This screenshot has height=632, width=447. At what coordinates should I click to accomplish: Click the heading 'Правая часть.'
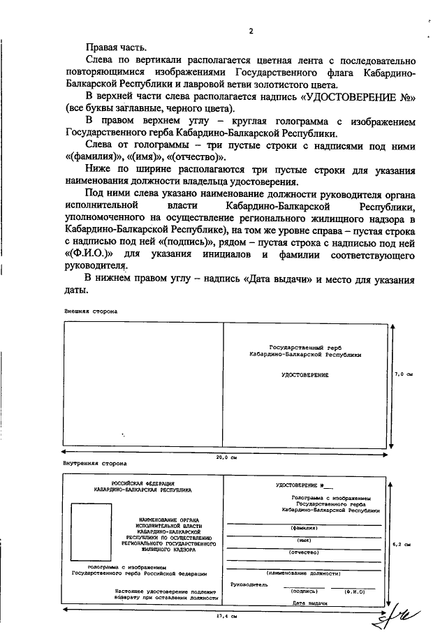pyautogui.click(x=117, y=47)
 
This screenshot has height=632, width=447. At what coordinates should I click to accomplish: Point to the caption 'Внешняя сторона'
pyautogui.click(x=91, y=310)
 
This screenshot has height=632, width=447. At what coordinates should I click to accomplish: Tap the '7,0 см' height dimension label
pyautogui.click(x=404, y=375)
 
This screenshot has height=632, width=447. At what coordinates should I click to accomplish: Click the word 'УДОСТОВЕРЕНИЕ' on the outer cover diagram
pyautogui.click(x=305, y=376)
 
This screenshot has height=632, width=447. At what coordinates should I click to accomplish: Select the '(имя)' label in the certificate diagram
pyautogui.click(x=304, y=540)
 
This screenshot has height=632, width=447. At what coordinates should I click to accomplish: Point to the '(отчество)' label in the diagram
pyautogui.click(x=304, y=552)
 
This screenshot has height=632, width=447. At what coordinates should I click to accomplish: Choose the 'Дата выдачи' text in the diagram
pyautogui.click(x=310, y=601)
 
